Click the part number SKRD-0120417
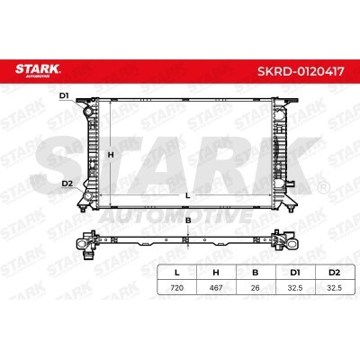tap(301, 71)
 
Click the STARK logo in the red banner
tap(38, 70)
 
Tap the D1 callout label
tap(64, 96)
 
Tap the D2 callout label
tap(67, 184)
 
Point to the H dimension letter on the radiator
tap(111, 155)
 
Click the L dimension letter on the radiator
tap(188, 196)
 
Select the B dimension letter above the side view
tap(188, 220)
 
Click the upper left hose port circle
tap(89, 112)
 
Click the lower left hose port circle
tap(88, 195)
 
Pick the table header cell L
tap(177, 273)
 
